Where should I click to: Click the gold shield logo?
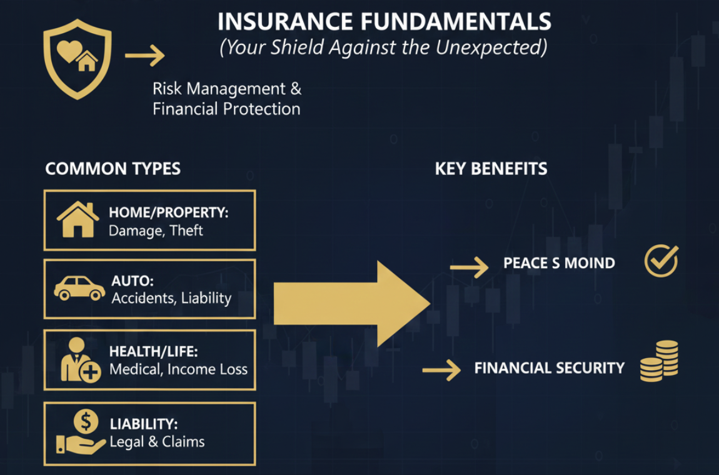(77, 59)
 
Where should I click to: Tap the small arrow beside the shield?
(144, 56)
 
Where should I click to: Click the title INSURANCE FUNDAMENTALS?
(384, 22)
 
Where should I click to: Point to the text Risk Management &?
(227, 89)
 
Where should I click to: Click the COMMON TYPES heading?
(113, 169)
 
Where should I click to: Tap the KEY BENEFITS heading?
(491, 169)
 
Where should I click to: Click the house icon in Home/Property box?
(78, 220)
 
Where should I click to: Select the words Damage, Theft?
(156, 231)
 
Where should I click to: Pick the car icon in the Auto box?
(79, 289)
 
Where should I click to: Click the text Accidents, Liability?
(171, 298)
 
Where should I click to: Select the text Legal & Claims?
(157, 441)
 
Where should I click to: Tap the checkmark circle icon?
(661, 261)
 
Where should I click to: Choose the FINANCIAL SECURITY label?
(549, 368)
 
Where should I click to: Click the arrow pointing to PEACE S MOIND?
(469, 267)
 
